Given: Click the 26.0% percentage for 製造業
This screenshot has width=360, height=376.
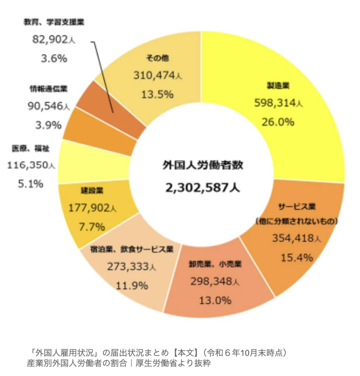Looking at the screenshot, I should tap(278, 121).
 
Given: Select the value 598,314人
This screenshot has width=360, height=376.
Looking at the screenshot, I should tap(278, 103).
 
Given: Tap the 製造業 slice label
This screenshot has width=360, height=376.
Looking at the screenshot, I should tap(278, 86).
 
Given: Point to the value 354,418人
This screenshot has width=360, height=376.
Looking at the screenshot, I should tap(297, 239).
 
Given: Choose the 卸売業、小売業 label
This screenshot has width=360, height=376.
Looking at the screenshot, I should tap(215, 264).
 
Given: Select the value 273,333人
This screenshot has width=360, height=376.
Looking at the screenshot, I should tap(131, 267).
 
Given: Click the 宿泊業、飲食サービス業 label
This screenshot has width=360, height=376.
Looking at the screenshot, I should tap(132, 249).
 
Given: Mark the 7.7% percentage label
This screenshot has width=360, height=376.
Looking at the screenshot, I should tap(92, 226).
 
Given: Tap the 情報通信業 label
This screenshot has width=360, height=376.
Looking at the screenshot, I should tap(48, 89).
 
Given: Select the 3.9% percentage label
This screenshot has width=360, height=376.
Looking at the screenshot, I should tap(48, 125).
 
